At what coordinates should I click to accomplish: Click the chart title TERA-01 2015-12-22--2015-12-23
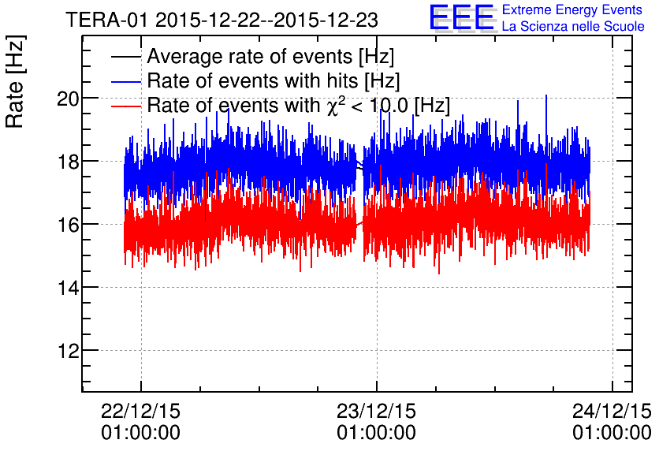(222, 19)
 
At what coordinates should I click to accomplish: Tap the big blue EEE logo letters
(462, 18)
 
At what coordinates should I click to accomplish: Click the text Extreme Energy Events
(572, 10)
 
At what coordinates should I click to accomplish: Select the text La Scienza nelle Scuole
(572, 27)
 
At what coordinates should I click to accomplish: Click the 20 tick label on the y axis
(67, 99)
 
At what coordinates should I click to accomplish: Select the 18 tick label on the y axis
(67, 162)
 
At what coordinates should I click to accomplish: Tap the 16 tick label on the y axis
(67, 225)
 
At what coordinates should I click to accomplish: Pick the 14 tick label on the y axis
(67, 288)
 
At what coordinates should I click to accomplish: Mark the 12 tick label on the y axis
(67, 351)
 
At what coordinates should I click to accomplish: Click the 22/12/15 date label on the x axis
(141, 412)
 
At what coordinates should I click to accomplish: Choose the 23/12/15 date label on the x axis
(376, 412)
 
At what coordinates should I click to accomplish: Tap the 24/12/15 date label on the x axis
(612, 412)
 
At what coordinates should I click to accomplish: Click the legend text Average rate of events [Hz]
(270, 58)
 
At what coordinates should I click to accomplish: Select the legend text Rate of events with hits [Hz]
(273, 81)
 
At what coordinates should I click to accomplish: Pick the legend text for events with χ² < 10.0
(298, 105)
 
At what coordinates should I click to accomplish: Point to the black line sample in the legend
(126, 58)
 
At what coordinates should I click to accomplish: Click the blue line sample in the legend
(126, 81)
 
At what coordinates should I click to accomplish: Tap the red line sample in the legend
(126, 105)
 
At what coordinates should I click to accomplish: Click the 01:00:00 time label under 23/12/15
(376, 433)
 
